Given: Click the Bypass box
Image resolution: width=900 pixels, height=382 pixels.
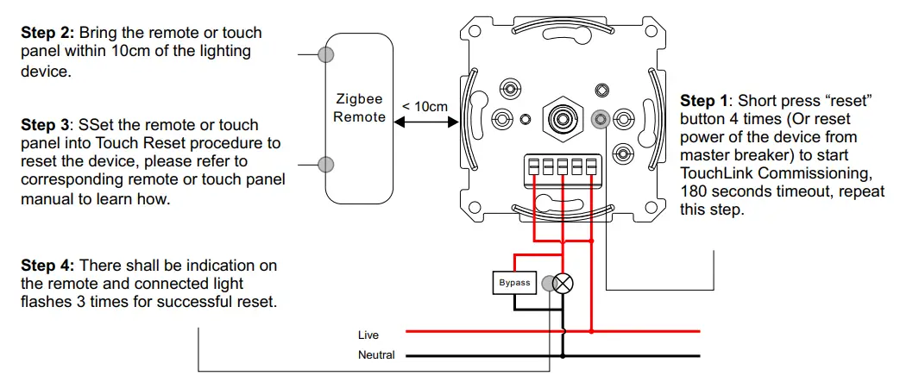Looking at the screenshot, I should coord(514,283).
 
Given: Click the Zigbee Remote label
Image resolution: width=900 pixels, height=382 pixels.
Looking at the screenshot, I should coord(360,109).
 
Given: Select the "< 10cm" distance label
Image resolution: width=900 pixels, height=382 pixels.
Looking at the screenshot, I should coord(425,107).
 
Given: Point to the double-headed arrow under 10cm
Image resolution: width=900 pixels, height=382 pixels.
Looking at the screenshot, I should coord(425,123).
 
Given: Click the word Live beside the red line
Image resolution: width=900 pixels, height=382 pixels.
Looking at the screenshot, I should coord(368,335).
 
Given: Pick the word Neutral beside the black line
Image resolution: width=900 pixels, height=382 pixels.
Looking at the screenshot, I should coord(376,355).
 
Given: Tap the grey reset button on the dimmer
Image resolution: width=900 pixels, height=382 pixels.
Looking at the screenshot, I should coord(601,118).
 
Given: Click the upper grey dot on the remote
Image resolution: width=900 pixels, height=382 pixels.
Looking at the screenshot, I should coord(326,54).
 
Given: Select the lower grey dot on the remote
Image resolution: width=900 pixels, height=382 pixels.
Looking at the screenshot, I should coord(326,164).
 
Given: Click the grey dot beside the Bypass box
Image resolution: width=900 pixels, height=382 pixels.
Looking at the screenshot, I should coord(548,282).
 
